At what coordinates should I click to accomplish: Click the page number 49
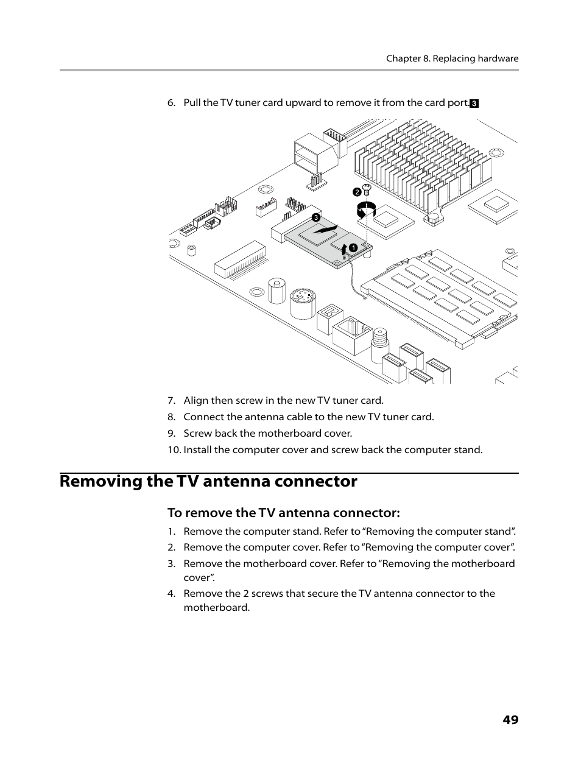click(510, 720)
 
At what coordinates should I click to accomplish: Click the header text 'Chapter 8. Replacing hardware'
click(452, 59)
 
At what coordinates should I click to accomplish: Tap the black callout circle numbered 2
click(357, 192)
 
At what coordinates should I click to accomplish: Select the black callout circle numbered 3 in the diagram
click(316, 217)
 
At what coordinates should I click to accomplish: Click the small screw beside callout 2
click(367, 189)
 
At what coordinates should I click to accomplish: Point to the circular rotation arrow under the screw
click(366, 210)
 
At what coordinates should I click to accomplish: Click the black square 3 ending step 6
click(474, 104)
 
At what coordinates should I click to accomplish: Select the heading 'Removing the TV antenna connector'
click(208, 481)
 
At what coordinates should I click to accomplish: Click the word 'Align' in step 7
click(195, 401)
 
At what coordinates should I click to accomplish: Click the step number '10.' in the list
click(174, 450)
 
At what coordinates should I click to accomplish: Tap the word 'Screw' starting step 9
click(197, 434)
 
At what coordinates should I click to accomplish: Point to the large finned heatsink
click(420, 161)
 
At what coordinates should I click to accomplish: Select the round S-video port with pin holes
click(302, 303)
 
